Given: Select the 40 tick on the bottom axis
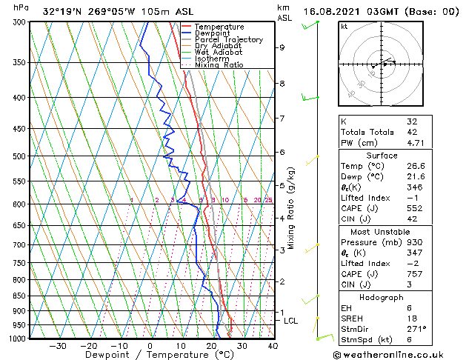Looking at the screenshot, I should (273, 346).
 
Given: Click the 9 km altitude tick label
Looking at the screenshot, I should (282, 47).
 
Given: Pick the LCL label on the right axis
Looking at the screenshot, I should (291, 321).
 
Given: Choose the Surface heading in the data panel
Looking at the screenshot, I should (382, 156).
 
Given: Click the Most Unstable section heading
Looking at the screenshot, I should (382, 232).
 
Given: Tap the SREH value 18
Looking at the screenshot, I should (412, 319).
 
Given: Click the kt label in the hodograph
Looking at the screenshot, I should (344, 27).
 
